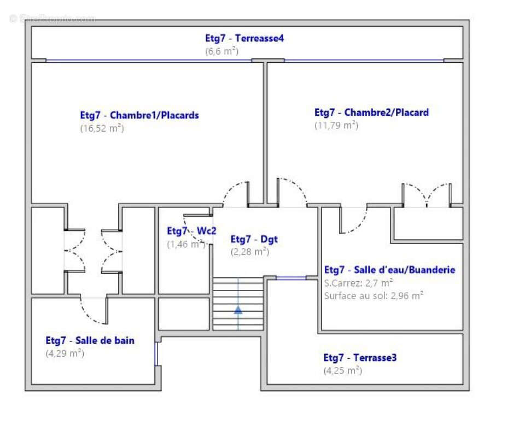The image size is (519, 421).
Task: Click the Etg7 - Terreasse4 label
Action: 244,38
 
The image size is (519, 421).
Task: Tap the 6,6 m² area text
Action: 222,51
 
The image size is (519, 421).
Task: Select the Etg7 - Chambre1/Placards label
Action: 139,115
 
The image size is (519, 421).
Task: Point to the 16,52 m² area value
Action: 102,128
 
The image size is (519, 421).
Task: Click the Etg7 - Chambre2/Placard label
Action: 371,112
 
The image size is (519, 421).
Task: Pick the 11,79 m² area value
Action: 336,126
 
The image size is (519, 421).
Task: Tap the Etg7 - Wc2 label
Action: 191,230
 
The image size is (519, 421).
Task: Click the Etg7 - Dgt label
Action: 254,239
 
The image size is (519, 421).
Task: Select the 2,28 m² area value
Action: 250,252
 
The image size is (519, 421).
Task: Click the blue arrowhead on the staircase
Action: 238,310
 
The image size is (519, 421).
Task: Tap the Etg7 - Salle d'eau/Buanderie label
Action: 389,270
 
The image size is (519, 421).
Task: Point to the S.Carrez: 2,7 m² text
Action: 358,283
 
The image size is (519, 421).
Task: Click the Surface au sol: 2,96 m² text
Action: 374,296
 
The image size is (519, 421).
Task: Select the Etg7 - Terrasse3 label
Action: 360,358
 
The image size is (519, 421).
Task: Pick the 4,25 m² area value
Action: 342,370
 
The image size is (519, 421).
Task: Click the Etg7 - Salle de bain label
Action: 90,340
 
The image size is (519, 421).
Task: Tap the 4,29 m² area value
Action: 65,353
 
